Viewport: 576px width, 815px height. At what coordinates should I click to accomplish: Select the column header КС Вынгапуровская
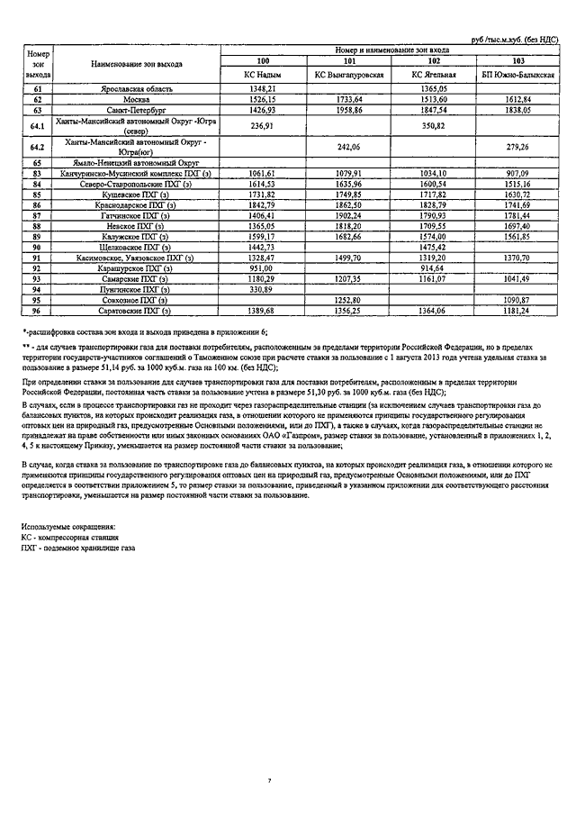(349, 75)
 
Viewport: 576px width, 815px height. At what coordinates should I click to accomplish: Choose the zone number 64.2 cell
(38, 145)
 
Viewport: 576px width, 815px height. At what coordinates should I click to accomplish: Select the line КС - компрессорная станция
(69, 537)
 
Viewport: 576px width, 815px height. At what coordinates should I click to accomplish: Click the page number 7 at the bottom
(269, 780)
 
